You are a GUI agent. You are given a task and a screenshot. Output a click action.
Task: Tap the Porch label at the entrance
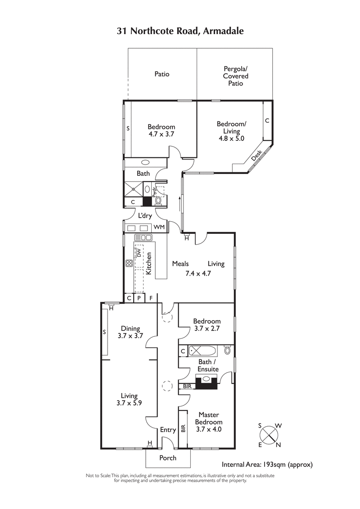[168, 458]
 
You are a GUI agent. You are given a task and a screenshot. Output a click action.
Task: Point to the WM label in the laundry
[159, 228]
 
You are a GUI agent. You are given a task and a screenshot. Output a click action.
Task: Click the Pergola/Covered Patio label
[236, 76]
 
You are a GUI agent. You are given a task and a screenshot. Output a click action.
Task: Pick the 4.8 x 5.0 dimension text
[231, 138]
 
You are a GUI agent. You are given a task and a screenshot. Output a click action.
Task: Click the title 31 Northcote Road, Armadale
[180, 31]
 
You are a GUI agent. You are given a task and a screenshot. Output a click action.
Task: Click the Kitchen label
[148, 264]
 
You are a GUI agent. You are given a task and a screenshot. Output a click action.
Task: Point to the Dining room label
[130, 328]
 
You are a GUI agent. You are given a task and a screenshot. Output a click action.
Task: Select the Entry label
[168, 430]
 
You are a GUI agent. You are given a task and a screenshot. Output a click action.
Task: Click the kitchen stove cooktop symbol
[129, 263]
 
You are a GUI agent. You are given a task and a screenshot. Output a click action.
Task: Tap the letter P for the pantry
[139, 298]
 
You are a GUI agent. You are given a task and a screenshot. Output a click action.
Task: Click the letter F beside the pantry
[151, 298]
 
